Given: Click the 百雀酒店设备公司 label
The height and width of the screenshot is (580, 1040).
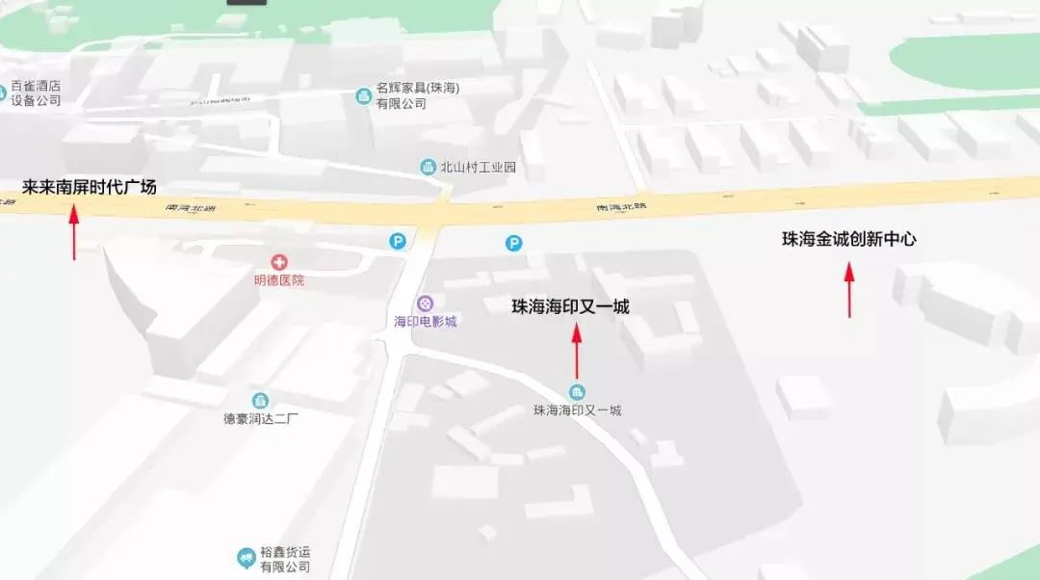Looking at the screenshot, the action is pyautogui.click(x=36, y=93).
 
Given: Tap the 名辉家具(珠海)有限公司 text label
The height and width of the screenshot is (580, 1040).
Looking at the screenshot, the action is pyautogui.click(x=417, y=95).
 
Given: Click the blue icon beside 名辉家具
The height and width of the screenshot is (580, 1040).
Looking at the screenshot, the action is pyautogui.click(x=363, y=95).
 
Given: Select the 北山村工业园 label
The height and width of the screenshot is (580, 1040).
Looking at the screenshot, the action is pyautogui.click(x=478, y=167).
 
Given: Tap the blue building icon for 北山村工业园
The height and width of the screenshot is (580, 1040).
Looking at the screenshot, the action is pyautogui.click(x=428, y=167).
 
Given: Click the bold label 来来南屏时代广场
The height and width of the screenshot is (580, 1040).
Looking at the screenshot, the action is pyautogui.click(x=89, y=187).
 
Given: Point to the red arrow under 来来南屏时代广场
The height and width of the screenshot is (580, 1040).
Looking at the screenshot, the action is pyautogui.click(x=73, y=232).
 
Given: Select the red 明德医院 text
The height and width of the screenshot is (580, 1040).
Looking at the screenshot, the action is pyautogui.click(x=279, y=280).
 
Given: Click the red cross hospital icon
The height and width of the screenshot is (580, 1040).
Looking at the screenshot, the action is pyautogui.click(x=279, y=261).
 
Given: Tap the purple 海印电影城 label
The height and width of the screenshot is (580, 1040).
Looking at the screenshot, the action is pyautogui.click(x=425, y=321).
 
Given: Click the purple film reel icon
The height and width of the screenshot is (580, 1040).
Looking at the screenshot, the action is pyautogui.click(x=425, y=303).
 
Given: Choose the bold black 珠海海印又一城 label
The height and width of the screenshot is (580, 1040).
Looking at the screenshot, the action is pyautogui.click(x=570, y=306).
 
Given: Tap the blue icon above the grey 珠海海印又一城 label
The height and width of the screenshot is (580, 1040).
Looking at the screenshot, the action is pyautogui.click(x=577, y=391).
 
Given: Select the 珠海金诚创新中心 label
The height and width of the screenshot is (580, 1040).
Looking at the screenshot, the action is pyautogui.click(x=848, y=239).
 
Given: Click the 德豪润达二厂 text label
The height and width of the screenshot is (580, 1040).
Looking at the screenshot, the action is pyautogui.click(x=261, y=419).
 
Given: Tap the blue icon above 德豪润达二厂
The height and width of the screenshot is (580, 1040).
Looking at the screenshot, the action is pyautogui.click(x=260, y=400).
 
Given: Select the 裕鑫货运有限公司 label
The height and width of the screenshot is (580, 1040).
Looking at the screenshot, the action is pyautogui.click(x=285, y=559).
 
